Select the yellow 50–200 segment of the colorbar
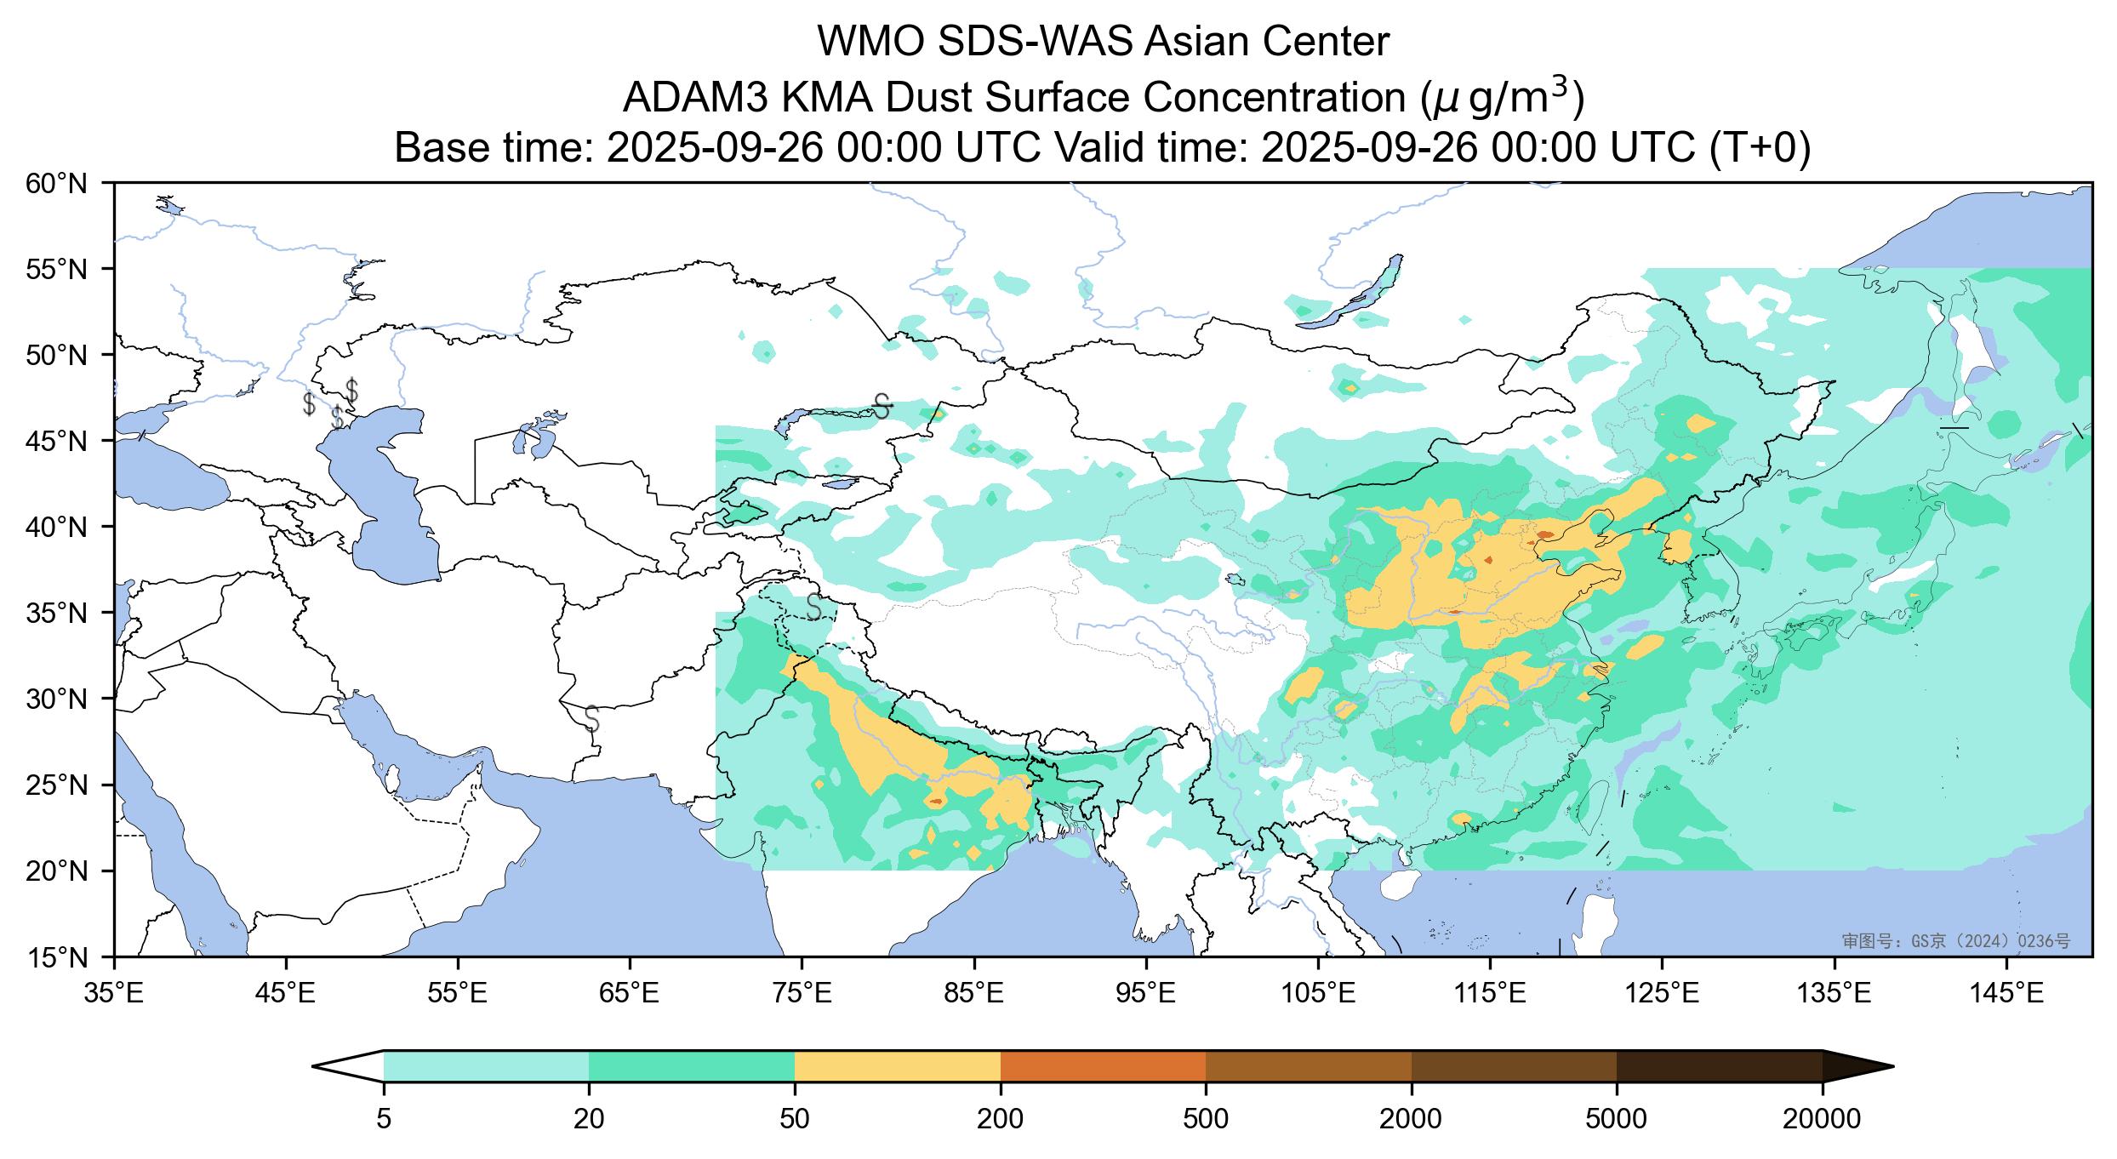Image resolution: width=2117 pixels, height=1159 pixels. [897, 1065]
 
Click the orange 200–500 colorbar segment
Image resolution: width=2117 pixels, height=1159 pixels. [1103, 1065]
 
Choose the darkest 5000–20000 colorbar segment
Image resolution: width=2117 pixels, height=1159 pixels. [1719, 1065]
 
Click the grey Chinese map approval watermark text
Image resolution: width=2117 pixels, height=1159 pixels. [1955, 941]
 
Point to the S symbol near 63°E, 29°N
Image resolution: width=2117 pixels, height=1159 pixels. [592, 718]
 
